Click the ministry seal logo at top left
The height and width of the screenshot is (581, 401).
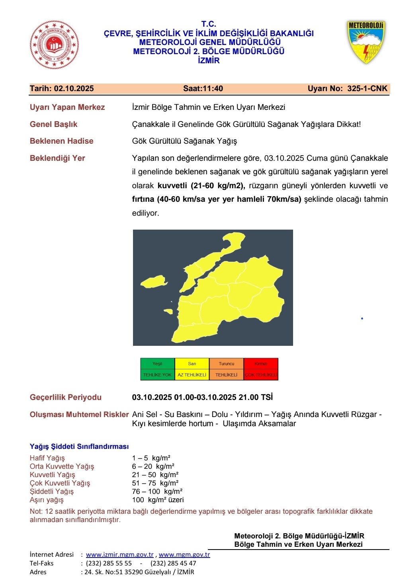tap(54, 45)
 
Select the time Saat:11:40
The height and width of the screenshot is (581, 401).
tap(203, 89)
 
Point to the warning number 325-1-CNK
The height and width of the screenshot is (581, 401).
tap(367, 89)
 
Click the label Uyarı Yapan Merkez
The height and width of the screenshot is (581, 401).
tap(67, 107)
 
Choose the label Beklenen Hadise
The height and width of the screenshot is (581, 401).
tap(62, 141)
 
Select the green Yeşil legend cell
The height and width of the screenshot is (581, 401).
tap(157, 364)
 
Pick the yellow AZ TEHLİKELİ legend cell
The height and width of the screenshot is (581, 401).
tap(192, 375)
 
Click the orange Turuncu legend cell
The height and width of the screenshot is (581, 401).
tap(226, 364)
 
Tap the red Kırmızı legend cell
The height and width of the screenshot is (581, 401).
tap(261, 364)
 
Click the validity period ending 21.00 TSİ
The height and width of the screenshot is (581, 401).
tap(202, 398)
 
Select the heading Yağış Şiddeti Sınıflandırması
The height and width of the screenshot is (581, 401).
tap(79, 446)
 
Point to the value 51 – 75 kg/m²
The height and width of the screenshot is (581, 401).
tap(155, 483)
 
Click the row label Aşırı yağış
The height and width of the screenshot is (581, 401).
tap(47, 500)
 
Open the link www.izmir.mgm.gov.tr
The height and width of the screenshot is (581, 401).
tap(120, 555)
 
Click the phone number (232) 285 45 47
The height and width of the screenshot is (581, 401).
tap(173, 563)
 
